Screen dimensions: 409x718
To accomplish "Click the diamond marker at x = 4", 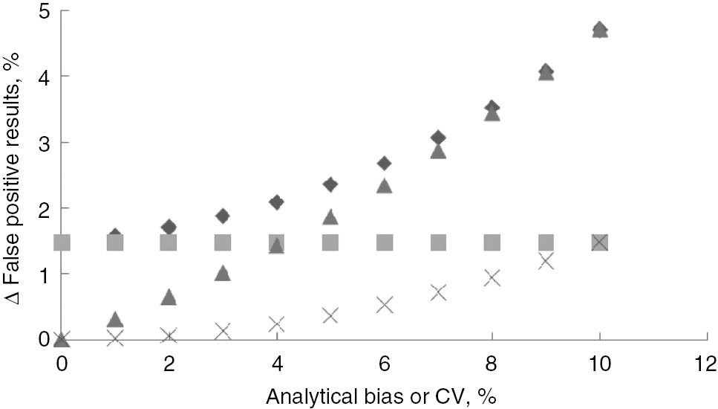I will pyautogui.click(x=276, y=202).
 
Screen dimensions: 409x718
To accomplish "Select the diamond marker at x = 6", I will pyautogui.click(x=384, y=163).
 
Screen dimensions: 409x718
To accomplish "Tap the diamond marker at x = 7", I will pyautogui.click(x=438, y=138).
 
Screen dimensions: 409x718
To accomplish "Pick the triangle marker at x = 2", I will pyautogui.click(x=169, y=297).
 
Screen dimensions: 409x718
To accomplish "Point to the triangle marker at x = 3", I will pyautogui.click(x=223, y=274).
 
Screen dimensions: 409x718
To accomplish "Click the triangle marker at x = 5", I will pyautogui.click(x=330, y=217).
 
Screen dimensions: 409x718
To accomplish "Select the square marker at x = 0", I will pyautogui.click(x=62, y=242).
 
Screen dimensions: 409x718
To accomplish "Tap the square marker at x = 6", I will pyautogui.click(x=384, y=242).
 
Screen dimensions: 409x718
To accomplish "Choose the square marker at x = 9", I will pyautogui.click(x=546, y=242).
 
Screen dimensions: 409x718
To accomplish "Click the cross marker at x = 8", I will pyautogui.click(x=492, y=277).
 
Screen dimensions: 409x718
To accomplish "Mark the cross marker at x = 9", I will pyautogui.click(x=546, y=261).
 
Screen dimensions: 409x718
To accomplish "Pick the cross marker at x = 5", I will pyautogui.click(x=330, y=315).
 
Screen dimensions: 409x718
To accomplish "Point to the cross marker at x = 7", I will pyautogui.click(x=438, y=292).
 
